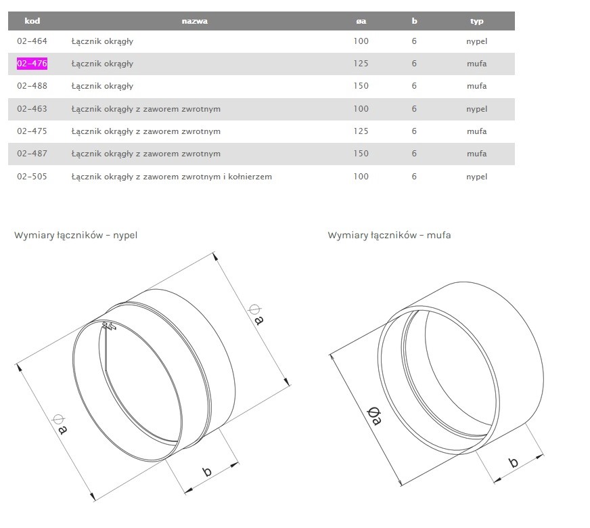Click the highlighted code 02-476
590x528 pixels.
click(32, 63)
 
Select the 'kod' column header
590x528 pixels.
click(32, 21)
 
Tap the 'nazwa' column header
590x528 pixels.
click(195, 21)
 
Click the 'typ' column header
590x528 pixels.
click(477, 21)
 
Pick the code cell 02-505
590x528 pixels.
click(32, 177)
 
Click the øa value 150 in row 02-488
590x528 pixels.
click(361, 86)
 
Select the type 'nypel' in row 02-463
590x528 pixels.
click(477, 109)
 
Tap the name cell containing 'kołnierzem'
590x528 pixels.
click(172, 177)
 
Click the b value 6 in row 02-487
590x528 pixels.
click(414, 154)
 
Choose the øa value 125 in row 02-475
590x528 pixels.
click(361, 131)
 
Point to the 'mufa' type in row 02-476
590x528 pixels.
click(477, 64)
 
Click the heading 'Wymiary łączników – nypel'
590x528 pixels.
click(76, 235)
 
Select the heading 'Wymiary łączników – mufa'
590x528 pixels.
click(389, 235)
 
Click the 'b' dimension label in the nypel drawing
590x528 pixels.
click(207, 472)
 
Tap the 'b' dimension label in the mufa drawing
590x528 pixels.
click(513, 462)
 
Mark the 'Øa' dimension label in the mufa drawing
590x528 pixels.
click(374, 416)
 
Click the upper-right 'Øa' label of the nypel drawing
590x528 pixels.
click(256, 315)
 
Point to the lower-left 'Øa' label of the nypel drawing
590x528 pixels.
click(60, 424)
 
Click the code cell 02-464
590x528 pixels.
click(32, 41)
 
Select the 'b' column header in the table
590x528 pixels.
click(414, 21)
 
